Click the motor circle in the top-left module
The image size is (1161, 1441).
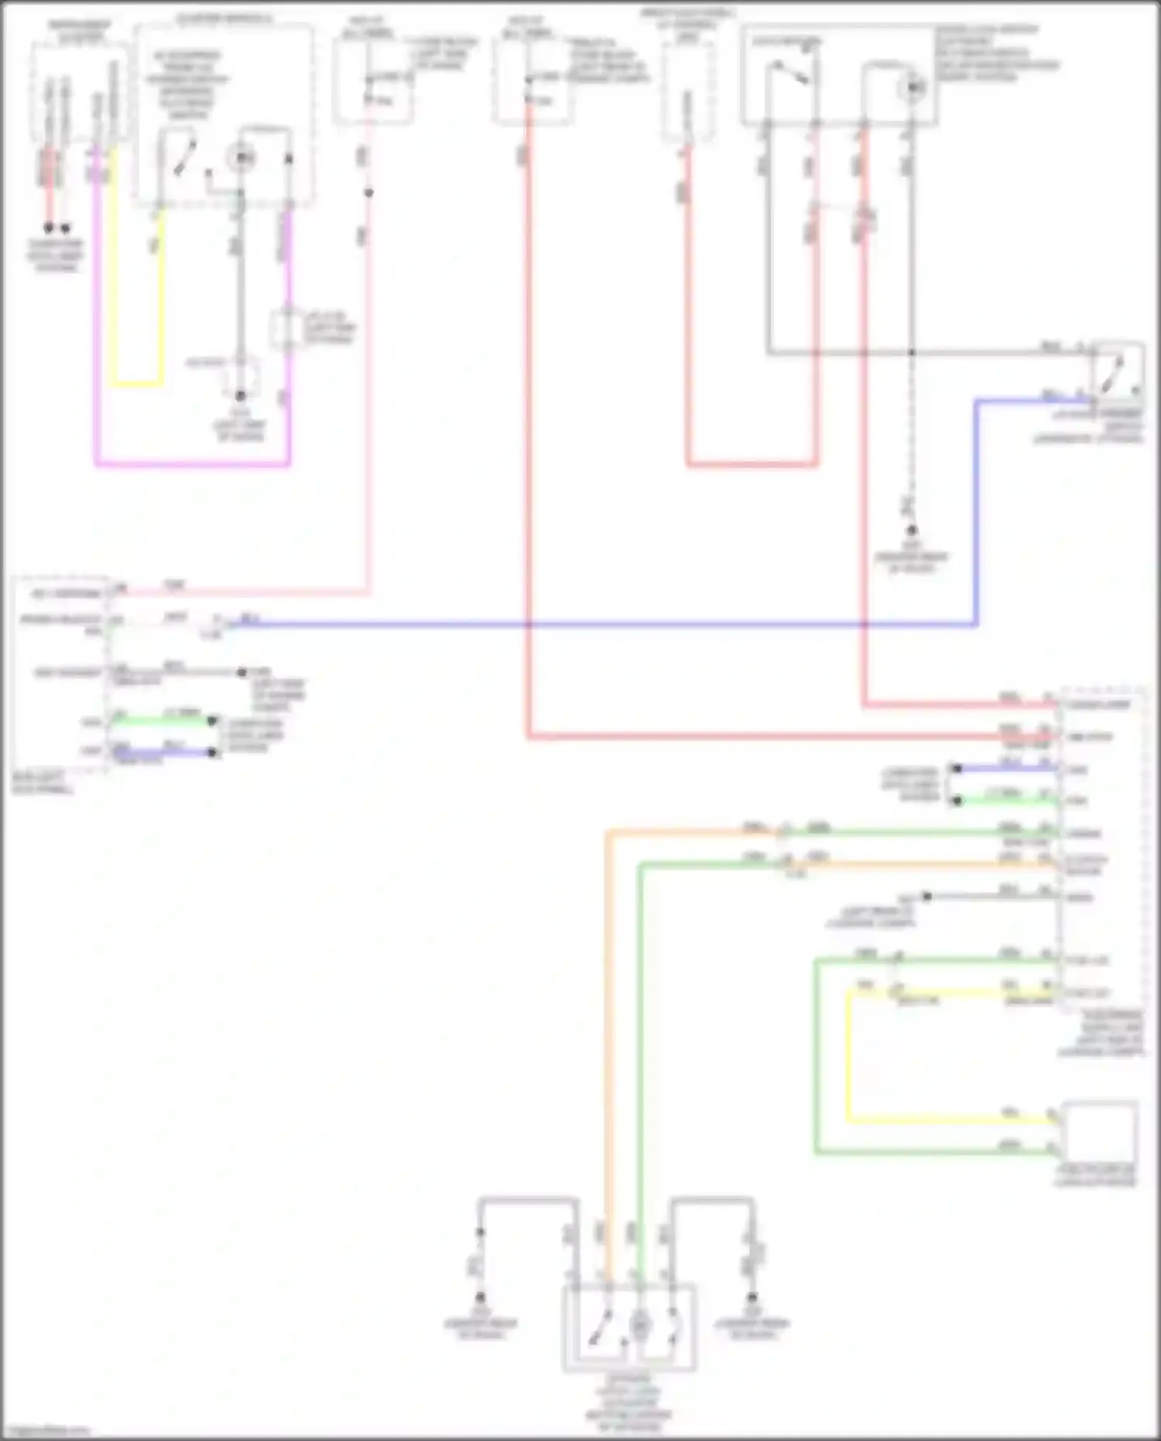point(242,158)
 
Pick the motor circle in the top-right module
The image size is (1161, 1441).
point(913,87)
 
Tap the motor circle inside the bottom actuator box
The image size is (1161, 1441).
point(640,1326)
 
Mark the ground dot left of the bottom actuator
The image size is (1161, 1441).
point(480,1297)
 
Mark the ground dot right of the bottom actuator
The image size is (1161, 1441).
point(752,1297)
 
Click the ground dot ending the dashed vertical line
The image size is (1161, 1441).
point(912,530)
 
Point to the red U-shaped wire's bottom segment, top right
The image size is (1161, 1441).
point(751,465)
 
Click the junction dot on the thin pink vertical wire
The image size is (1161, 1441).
point(368,192)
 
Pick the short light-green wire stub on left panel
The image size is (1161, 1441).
point(163,720)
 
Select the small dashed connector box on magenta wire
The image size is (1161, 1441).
point(287,328)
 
